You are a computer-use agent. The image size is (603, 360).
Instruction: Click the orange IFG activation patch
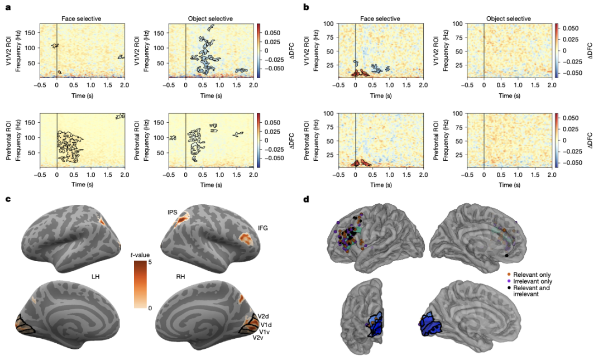pos(244,239)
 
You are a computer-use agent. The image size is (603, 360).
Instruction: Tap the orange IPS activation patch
pos(181,224)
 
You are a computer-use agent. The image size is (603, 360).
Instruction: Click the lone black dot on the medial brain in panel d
pos(507,256)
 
